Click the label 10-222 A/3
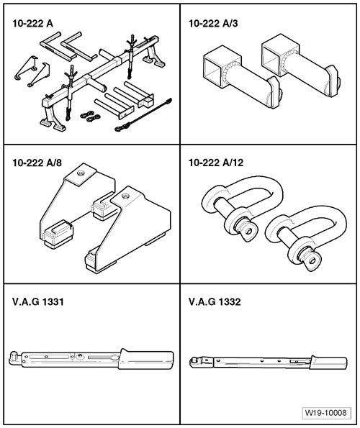point(213,24)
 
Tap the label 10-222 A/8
point(37,163)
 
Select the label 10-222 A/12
point(216,163)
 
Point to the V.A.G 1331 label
point(38,301)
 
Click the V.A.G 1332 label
point(215,301)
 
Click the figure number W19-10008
point(326,412)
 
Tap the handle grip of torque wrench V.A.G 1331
point(146,359)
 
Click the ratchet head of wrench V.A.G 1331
point(14,357)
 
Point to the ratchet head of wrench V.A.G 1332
point(194,362)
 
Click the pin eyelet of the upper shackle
point(248,232)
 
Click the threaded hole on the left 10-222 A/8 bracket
point(81,173)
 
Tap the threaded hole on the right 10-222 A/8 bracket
point(125,196)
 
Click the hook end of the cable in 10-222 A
point(120,128)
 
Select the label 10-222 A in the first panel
point(33,24)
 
